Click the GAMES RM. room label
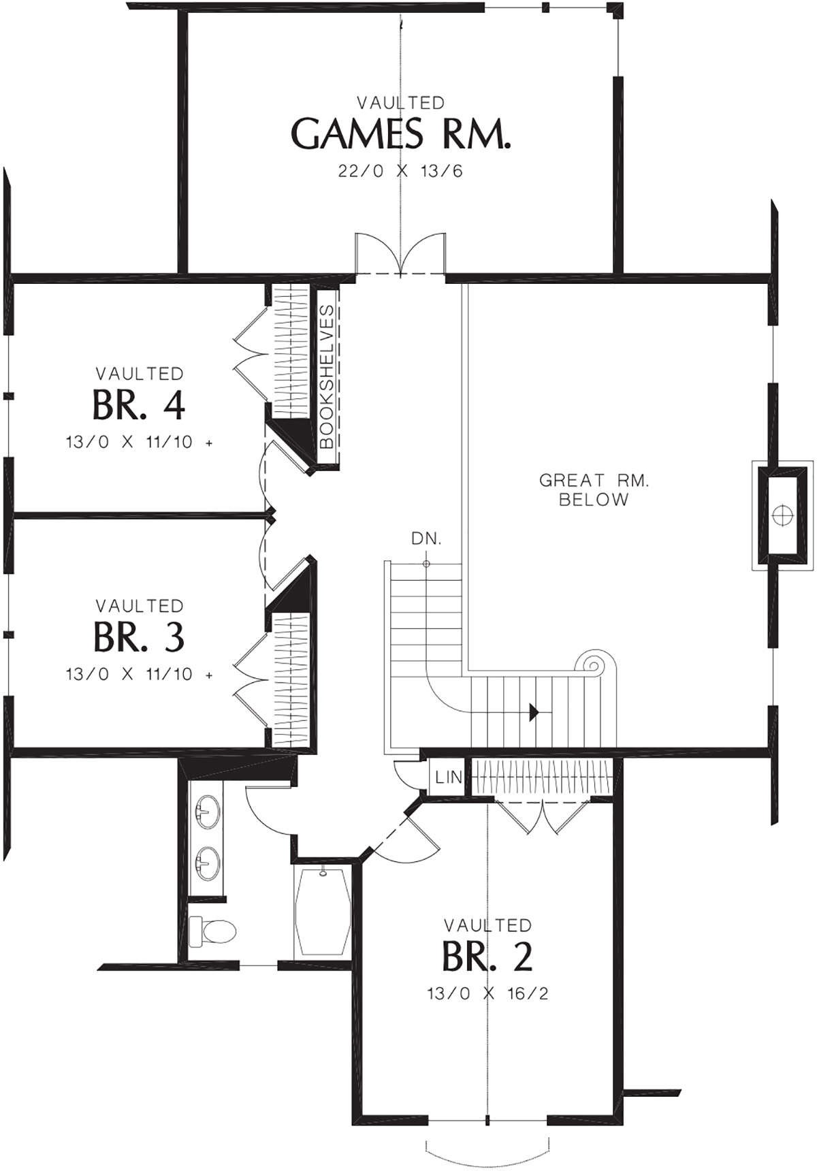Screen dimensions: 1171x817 (x=400, y=133)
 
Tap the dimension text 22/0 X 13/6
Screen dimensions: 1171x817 (x=400, y=171)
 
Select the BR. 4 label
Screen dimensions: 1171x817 (x=139, y=405)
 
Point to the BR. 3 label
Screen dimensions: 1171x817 (x=139, y=637)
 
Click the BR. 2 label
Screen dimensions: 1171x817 (x=487, y=957)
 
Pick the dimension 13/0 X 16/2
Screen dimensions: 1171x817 (x=487, y=993)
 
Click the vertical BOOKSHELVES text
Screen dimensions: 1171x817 (x=326, y=376)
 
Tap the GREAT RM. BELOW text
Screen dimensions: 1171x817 (x=594, y=490)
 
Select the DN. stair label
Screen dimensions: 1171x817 (x=426, y=539)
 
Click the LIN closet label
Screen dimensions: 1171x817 (x=448, y=777)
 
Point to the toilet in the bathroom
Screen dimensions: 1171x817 (x=212, y=930)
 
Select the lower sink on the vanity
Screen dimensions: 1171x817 (x=206, y=865)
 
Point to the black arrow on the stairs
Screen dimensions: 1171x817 (x=534, y=713)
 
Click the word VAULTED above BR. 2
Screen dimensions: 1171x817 (x=487, y=925)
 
